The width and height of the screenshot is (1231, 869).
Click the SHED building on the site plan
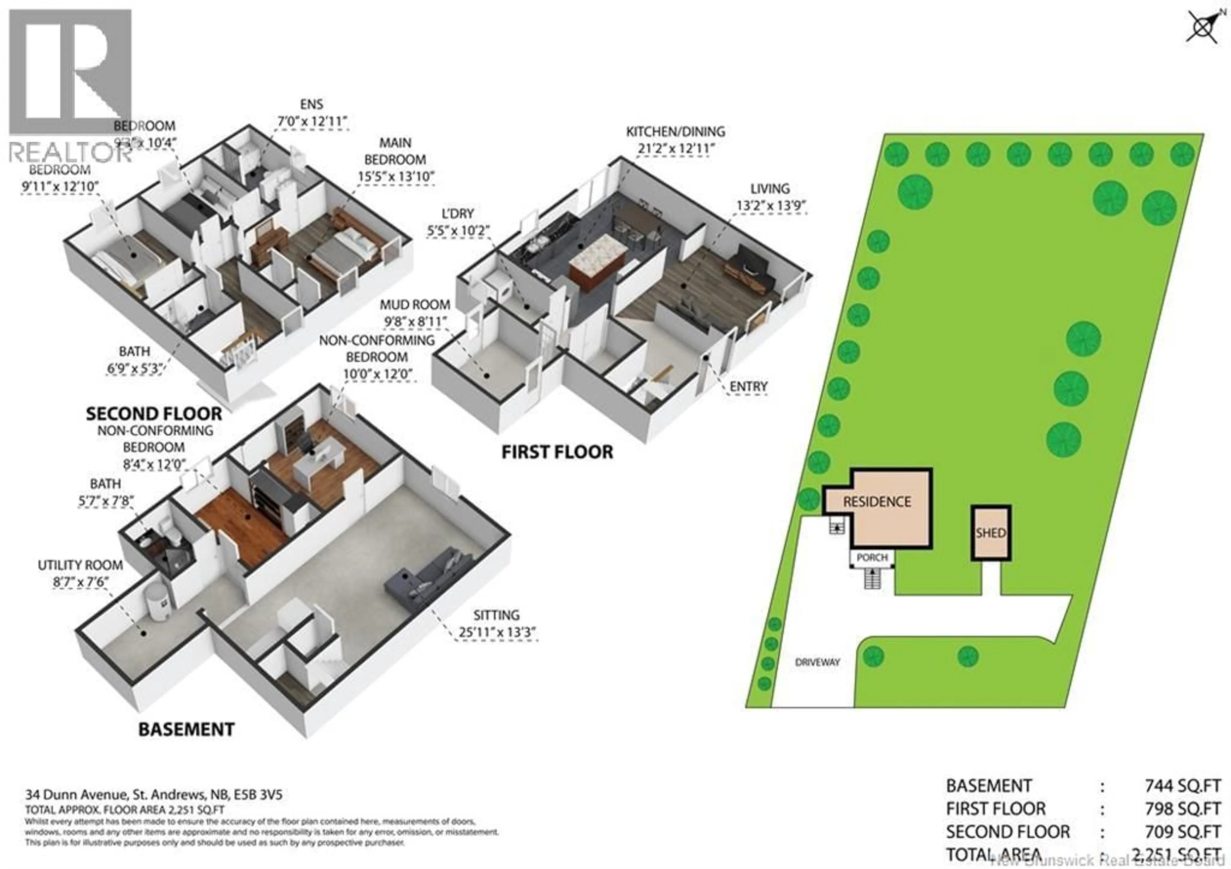click(991, 533)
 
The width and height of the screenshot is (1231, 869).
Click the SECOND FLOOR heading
click(154, 414)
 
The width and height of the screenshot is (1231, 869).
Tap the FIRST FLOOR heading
click(557, 452)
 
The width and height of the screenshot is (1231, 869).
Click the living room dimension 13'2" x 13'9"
click(770, 206)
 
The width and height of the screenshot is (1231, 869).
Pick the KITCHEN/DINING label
click(675, 131)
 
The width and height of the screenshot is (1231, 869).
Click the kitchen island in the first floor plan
click(597, 264)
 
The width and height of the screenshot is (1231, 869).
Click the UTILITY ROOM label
click(80, 565)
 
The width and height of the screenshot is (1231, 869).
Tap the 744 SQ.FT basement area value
click(1182, 786)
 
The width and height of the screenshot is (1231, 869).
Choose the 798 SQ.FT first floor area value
click(1182, 809)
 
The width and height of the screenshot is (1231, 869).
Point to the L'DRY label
click(458, 214)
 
